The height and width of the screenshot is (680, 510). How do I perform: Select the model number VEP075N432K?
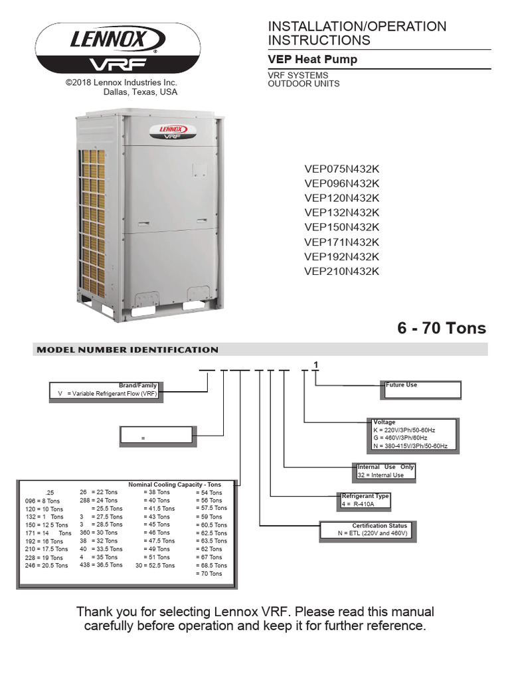[x=341, y=169]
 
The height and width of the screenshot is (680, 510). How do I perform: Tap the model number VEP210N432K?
[x=341, y=271]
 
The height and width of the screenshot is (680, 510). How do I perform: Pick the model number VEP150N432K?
[x=341, y=227]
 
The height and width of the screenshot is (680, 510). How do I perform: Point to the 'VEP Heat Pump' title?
[x=312, y=59]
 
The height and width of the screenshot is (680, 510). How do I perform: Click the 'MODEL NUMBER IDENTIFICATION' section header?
[x=127, y=349]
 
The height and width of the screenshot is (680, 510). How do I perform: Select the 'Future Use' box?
[x=421, y=389]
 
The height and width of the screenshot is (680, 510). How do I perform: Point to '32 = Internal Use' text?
[x=381, y=475]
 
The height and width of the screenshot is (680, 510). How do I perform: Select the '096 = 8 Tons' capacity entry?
[x=42, y=501]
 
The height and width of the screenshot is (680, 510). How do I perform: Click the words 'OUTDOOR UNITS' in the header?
[x=303, y=84]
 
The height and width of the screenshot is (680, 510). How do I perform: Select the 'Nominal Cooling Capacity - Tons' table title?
[x=174, y=485]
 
